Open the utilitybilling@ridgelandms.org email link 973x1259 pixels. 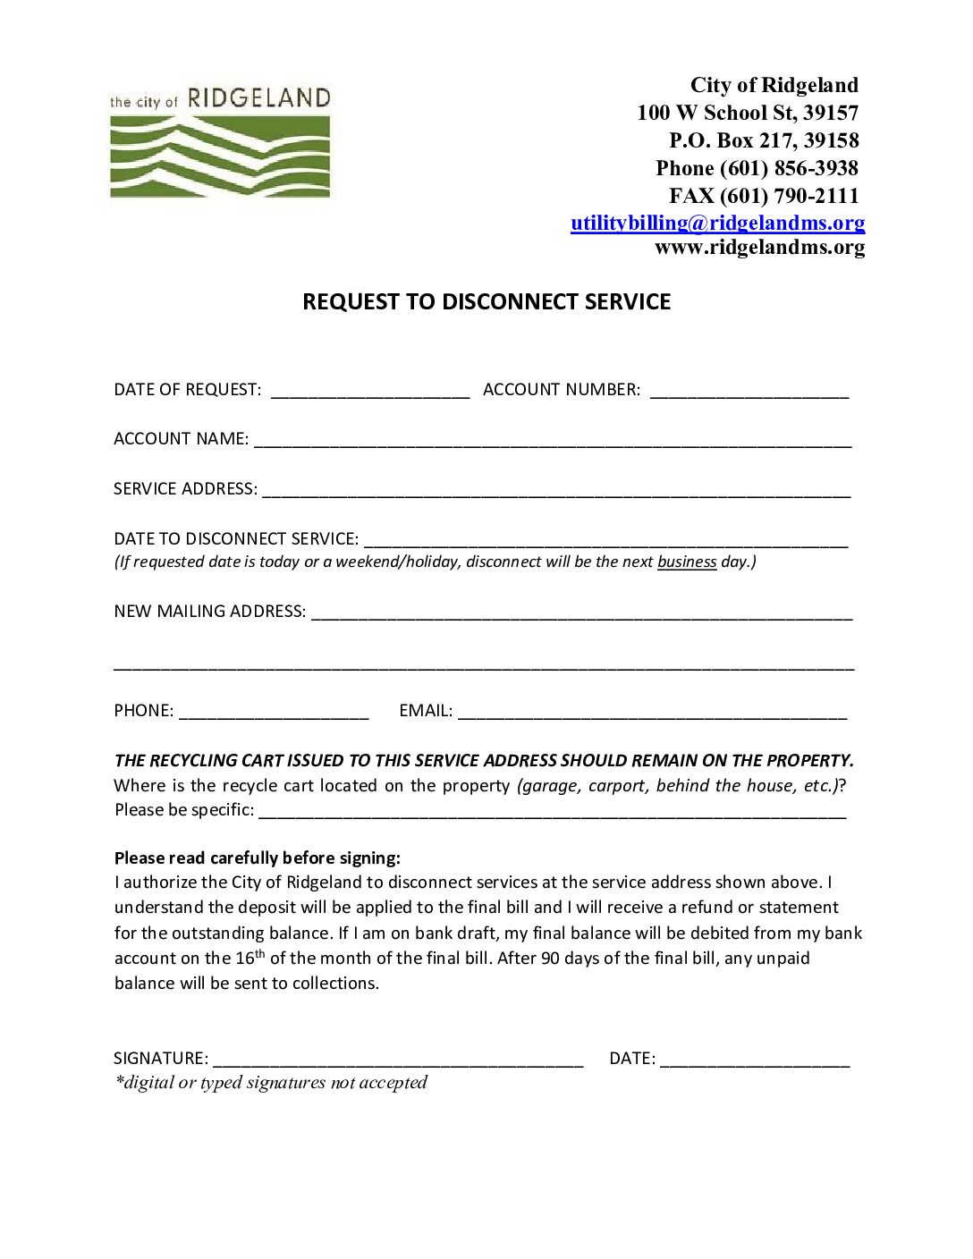click(x=717, y=223)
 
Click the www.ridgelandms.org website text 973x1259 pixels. click(x=759, y=247)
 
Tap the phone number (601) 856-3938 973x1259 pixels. click(x=789, y=168)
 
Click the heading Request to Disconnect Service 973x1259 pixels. click(x=486, y=301)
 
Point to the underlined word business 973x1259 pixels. click(x=687, y=562)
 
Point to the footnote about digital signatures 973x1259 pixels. click(x=271, y=1082)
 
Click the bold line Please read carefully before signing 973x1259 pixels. click(x=258, y=858)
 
